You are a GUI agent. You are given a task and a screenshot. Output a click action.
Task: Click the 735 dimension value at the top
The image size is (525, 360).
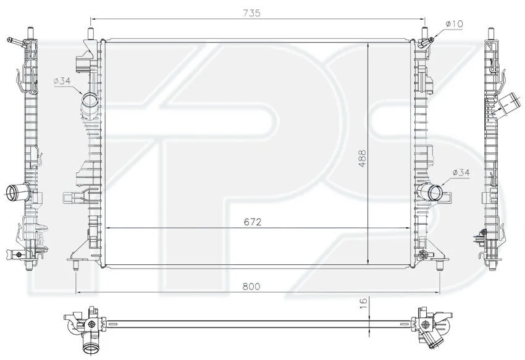point(251,13)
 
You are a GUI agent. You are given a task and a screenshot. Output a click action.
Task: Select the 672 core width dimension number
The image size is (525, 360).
point(253,222)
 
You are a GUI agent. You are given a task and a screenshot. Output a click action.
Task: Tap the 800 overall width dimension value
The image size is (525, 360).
point(251,287)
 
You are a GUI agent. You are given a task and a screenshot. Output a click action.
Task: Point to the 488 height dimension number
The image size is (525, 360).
point(363,159)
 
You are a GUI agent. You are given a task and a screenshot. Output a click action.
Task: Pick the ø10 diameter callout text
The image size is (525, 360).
point(454,24)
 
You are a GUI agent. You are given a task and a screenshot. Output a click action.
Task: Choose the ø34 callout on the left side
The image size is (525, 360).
point(62,81)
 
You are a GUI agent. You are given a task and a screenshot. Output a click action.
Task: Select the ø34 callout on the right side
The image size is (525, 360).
point(461,172)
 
